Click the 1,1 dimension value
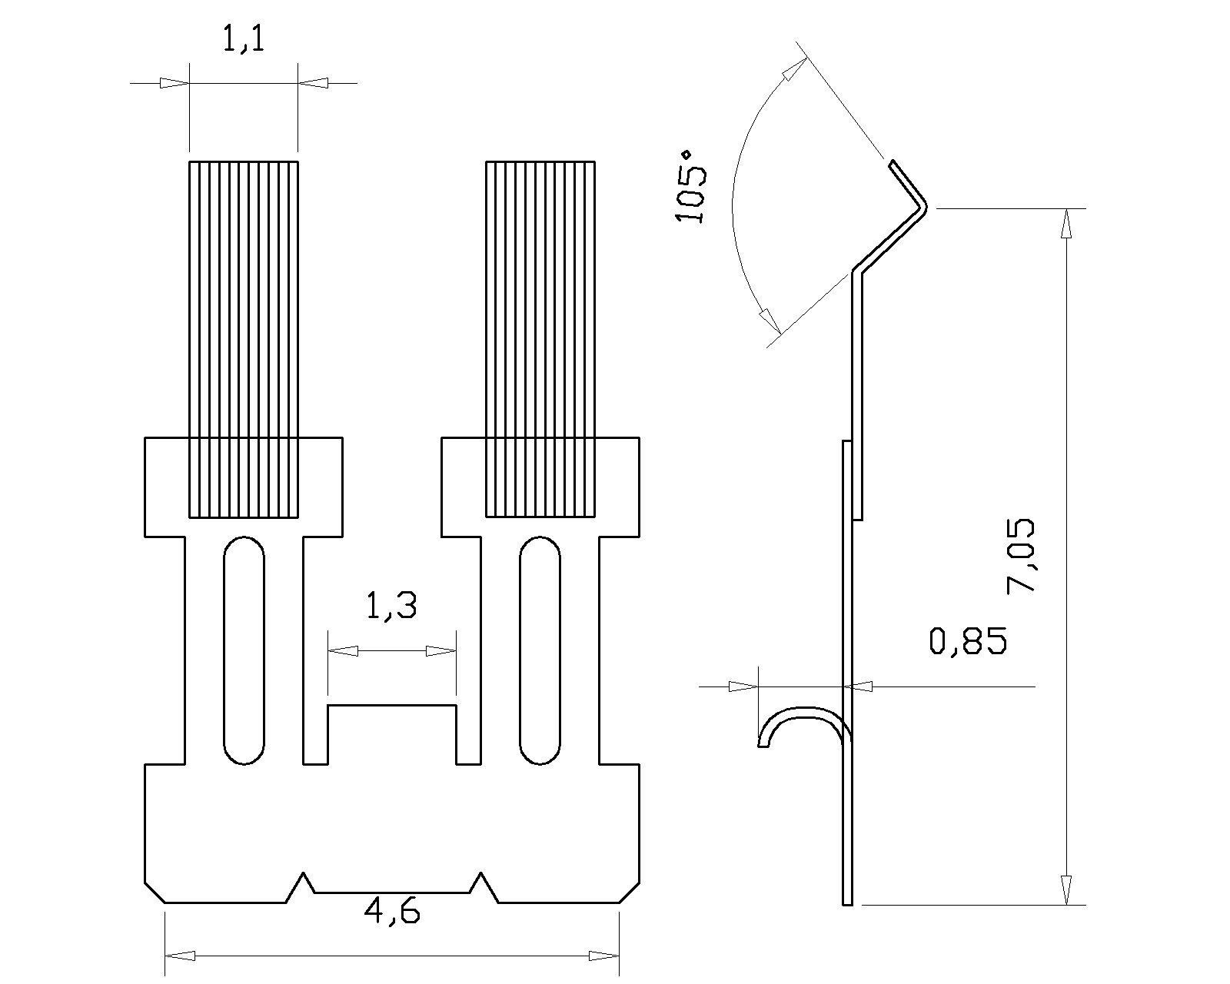pyautogui.click(x=243, y=38)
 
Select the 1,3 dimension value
pyautogui.click(x=391, y=607)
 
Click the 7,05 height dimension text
pyautogui.click(x=1021, y=555)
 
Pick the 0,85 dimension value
pyautogui.click(x=967, y=641)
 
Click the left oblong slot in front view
pyautogui.click(x=244, y=650)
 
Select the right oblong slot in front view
pyautogui.click(x=540, y=650)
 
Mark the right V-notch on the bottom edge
pyautogui.click(x=482, y=886)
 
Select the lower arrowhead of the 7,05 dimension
pyautogui.click(x=1066, y=890)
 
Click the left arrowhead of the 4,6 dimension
pyautogui.click(x=180, y=956)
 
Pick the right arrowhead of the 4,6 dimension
pyautogui.click(x=604, y=956)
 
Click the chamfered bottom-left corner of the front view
pyautogui.click(x=155, y=892)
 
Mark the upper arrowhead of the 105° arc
pyautogui.click(x=792, y=71)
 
